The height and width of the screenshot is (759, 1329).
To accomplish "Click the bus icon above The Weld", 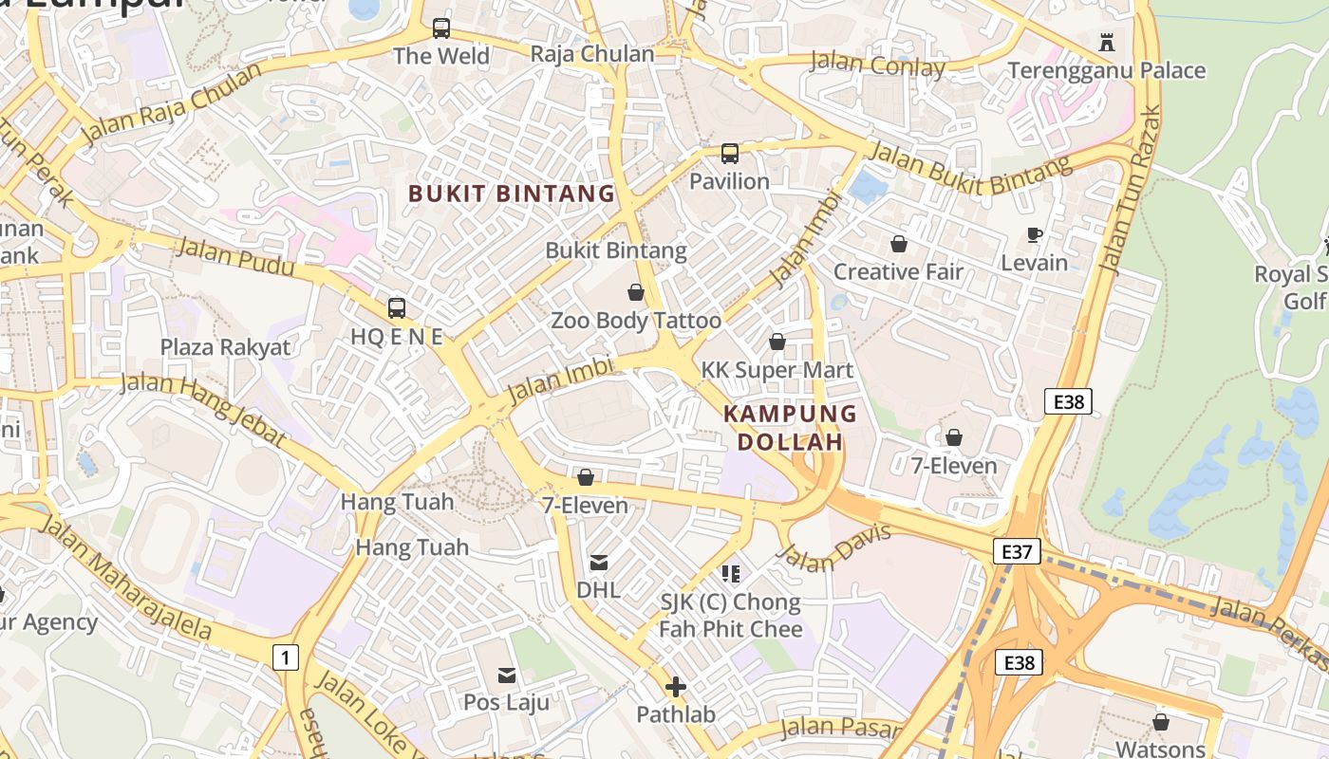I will [441, 28].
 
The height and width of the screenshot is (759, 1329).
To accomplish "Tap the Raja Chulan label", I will [592, 54].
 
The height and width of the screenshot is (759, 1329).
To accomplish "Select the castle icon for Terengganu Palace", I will [1106, 43].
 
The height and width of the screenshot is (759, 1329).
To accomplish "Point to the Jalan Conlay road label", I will [877, 65].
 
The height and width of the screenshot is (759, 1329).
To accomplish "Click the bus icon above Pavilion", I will [729, 154].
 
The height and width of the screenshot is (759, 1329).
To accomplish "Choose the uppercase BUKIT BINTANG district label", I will [512, 194].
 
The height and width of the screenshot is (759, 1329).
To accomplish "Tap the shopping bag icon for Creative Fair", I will [898, 245].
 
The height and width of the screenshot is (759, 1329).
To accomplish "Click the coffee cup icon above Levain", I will [1035, 234].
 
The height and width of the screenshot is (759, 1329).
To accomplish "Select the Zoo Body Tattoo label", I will [636, 321].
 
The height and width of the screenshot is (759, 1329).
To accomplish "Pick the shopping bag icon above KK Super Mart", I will [777, 342].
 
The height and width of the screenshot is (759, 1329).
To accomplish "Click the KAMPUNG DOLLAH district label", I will [790, 428].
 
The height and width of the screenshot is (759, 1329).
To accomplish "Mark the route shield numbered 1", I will [284, 656].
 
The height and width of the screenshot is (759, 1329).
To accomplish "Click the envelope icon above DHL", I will [599, 563].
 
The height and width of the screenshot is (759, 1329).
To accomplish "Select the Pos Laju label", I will [507, 702].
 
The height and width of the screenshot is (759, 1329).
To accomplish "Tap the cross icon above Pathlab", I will [676, 686].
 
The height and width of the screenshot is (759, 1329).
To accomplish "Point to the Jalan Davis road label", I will [834, 549].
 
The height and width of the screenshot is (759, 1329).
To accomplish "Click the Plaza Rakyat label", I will [225, 347].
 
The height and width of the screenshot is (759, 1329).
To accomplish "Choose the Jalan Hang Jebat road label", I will [203, 409].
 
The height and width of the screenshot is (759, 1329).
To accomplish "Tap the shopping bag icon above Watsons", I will [1160, 723].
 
